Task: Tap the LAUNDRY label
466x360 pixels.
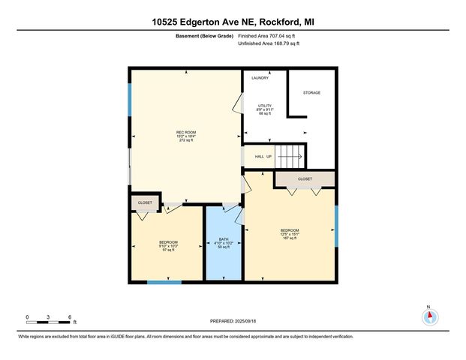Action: (260, 78)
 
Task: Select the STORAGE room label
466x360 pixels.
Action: (311, 92)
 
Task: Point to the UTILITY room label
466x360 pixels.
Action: (266, 105)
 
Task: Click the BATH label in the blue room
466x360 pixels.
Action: (223, 239)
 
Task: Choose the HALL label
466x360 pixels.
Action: (258, 157)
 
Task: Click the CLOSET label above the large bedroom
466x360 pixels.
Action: (305, 179)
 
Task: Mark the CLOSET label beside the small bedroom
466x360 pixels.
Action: (145, 202)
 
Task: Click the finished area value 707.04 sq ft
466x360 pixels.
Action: (268, 35)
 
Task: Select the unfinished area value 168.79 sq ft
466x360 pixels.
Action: (269, 43)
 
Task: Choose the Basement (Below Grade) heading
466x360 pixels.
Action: (203, 35)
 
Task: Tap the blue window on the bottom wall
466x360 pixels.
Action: (164, 282)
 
